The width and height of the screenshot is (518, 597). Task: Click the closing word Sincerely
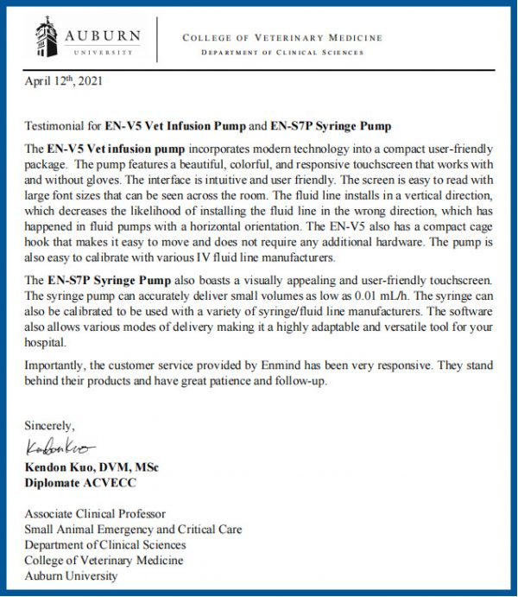pyautogui.click(x=50, y=426)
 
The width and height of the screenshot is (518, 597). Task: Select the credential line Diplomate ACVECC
pyautogui.click(x=78, y=482)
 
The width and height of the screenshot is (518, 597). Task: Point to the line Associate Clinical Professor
pyautogui.click(x=95, y=514)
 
